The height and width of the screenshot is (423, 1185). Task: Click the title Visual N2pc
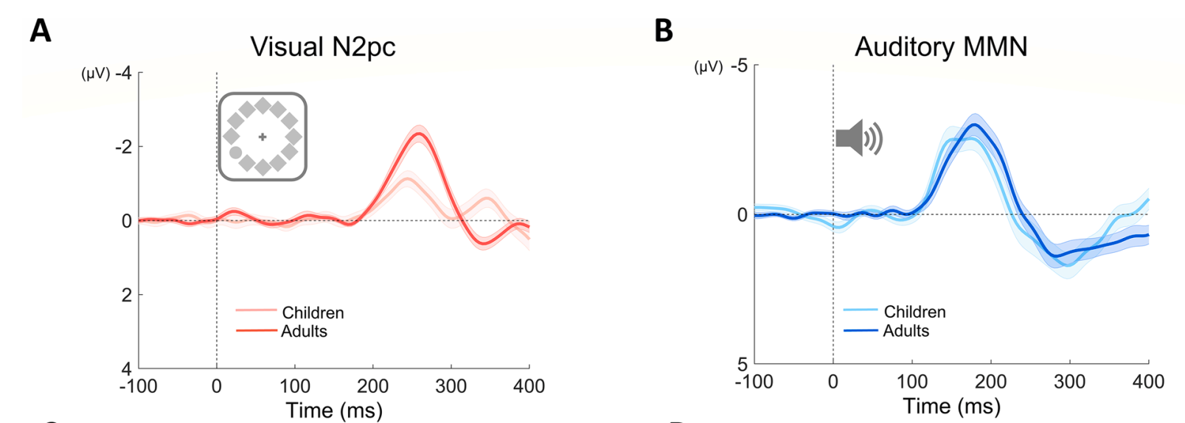[x=322, y=47]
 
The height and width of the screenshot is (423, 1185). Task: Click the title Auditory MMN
[x=940, y=47]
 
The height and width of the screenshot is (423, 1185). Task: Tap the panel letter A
[x=41, y=31]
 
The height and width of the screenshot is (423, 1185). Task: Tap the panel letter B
[x=663, y=31]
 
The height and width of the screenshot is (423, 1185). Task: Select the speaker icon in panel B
[x=858, y=139]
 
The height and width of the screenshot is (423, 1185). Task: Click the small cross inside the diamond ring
[x=263, y=137]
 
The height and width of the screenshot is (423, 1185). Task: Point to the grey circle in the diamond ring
[x=235, y=153]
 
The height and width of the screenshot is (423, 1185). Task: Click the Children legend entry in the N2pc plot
[x=313, y=312]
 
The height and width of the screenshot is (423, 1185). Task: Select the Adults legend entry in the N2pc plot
[x=304, y=331]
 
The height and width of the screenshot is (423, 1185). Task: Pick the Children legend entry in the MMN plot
[x=914, y=312]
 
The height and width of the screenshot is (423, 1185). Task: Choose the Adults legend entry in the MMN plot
[x=906, y=331]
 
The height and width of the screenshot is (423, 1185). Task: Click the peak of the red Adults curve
[x=419, y=133]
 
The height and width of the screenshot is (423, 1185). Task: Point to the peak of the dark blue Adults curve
[x=975, y=125]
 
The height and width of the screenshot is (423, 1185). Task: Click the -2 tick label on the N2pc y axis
[x=123, y=147]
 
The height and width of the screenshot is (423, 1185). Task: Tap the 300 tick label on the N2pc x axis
[x=451, y=386]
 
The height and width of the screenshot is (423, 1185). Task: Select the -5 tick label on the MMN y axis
[x=739, y=66]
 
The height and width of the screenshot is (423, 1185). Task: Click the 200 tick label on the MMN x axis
[x=990, y=382]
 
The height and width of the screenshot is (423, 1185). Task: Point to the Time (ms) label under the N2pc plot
[x=333, y=410]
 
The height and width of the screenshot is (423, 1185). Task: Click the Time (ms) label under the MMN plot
[x=951, y=406]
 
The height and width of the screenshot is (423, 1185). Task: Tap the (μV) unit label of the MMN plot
[x=709, y=67]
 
